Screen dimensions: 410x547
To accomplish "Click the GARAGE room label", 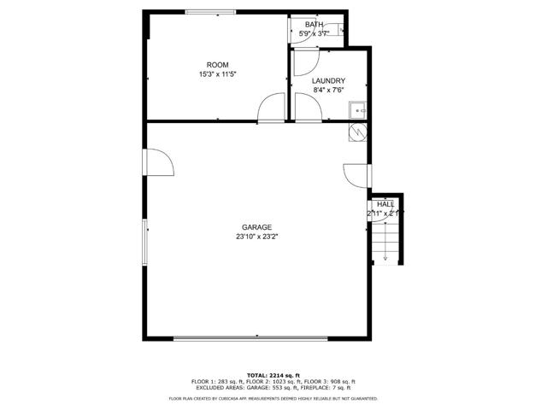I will (256, 227).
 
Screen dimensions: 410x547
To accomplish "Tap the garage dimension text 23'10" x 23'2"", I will (257, 237).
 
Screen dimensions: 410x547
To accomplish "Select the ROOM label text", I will (218, 65).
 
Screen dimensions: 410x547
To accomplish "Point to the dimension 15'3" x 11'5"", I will (218, 74).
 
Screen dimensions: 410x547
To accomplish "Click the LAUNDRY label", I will (329, 80).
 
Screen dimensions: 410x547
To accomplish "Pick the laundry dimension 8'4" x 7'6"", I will (329, 90).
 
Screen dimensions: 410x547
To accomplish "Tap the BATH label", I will (314, 25).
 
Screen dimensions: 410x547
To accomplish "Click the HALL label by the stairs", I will (385, 204).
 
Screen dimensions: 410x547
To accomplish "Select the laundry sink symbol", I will (358, 109).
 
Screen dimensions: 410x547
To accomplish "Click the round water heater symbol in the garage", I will (358, 132).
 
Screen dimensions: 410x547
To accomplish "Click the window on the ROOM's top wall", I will (211, 11).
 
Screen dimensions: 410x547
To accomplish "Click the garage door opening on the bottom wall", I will (250, 337).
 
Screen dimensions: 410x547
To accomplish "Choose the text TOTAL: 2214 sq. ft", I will (273, 375).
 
